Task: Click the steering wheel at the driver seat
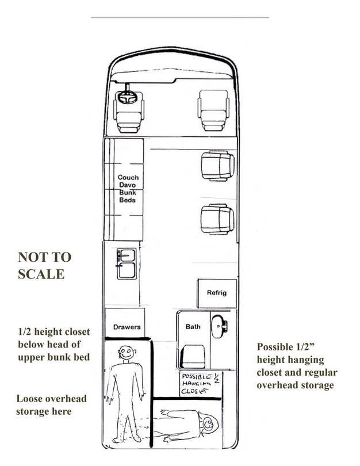(126, 98)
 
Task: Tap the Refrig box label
(217, 293)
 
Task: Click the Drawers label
(126, 327)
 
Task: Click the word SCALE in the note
(41, 274)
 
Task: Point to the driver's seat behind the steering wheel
(127, 115)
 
